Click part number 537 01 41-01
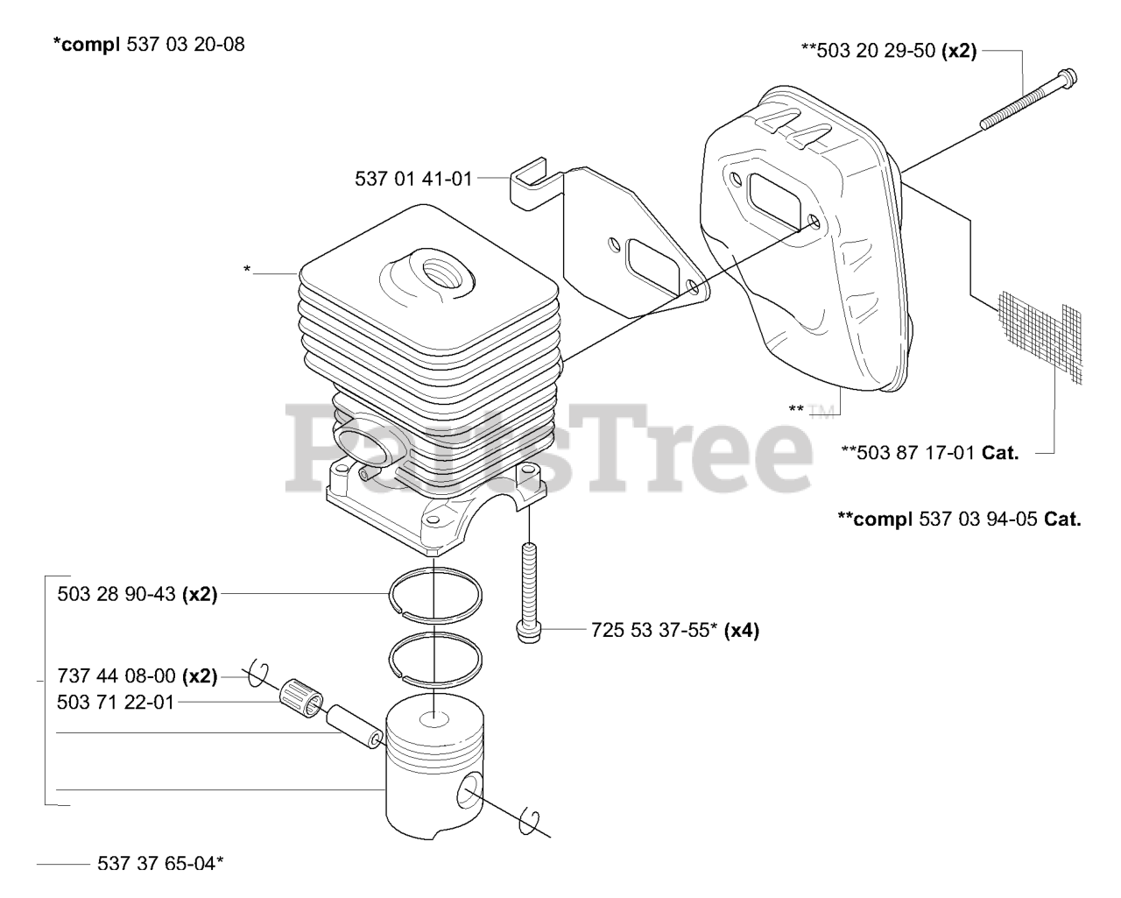point(413,179)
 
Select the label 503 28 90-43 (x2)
point(137,594)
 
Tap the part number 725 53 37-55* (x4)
point(675,630)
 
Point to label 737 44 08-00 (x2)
point(137,676)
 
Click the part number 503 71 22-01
point(115,702)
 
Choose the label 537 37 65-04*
point(160,864)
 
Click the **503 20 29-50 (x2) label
point(889,51)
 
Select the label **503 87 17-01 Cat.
point(930,452)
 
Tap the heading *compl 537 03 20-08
point(149,45)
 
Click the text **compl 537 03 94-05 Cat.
point(960,520)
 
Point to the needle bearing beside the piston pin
point(301,698)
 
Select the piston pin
point(354,726)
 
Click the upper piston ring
point(435,595)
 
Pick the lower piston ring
point(435,658)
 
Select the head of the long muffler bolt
point(1067,80)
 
